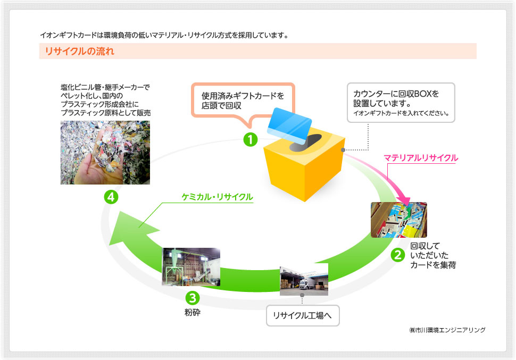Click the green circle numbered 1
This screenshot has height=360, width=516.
tap(251, 139)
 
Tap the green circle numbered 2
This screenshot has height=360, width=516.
tap(398, 255)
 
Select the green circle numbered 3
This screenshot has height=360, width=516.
tap(193, 298)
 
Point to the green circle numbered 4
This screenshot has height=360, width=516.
tap(111, 197)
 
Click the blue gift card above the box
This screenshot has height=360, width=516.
tap(289, 126)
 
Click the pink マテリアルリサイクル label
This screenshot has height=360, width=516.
tap(421, 158)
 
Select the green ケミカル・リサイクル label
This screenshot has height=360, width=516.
tap(217, 197)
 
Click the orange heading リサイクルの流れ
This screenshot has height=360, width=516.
tap(80, 52)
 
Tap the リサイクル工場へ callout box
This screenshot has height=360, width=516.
tap(303, 315)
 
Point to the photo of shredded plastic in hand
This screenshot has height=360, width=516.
tap(105, 153)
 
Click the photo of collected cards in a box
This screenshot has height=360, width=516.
tap(399, 220)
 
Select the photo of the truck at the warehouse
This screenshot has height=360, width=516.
tap(304, 279)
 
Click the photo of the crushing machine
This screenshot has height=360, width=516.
tap(191, 266)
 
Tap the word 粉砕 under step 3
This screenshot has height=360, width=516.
tap(193, 312)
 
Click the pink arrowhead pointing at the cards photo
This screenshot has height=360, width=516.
tap(405, 200)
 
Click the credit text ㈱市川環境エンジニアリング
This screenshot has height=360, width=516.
tap(447, 330)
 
